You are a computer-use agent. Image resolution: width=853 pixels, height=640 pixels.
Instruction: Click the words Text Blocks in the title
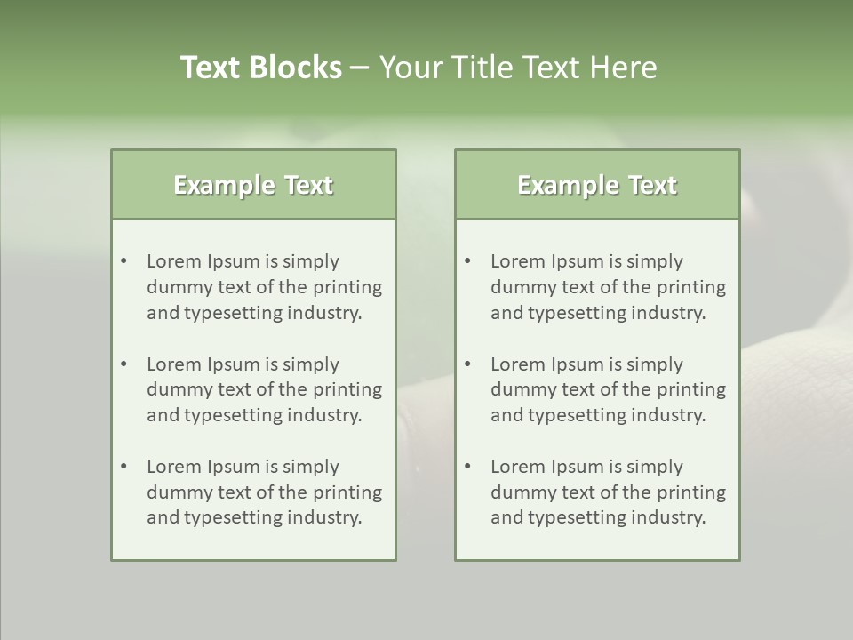tap(260, 68)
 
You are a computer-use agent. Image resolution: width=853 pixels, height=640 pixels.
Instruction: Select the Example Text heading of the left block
tap(253, 185)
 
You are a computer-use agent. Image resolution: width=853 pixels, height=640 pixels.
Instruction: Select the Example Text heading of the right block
tap(597, 185)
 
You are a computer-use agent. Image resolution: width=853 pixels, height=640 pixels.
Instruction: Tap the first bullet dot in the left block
tap(124, 261)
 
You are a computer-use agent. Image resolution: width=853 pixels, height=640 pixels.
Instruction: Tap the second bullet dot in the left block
tap(124, 364)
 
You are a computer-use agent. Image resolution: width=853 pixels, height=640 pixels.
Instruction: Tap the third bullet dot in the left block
tap(124, 467)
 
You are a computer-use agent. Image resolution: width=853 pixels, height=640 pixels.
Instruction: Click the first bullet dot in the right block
tap(468, 261)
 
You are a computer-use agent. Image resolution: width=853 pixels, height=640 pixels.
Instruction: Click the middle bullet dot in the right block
tap(468, 364)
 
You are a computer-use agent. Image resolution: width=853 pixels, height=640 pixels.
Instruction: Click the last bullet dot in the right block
tap(468, 467)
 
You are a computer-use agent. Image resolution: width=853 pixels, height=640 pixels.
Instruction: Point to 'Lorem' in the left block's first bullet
tap(174, 261)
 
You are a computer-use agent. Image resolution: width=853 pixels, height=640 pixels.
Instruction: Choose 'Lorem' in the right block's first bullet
tap(518, 261)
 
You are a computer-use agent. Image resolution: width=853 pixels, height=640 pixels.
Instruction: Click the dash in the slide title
tap(360, 68)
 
